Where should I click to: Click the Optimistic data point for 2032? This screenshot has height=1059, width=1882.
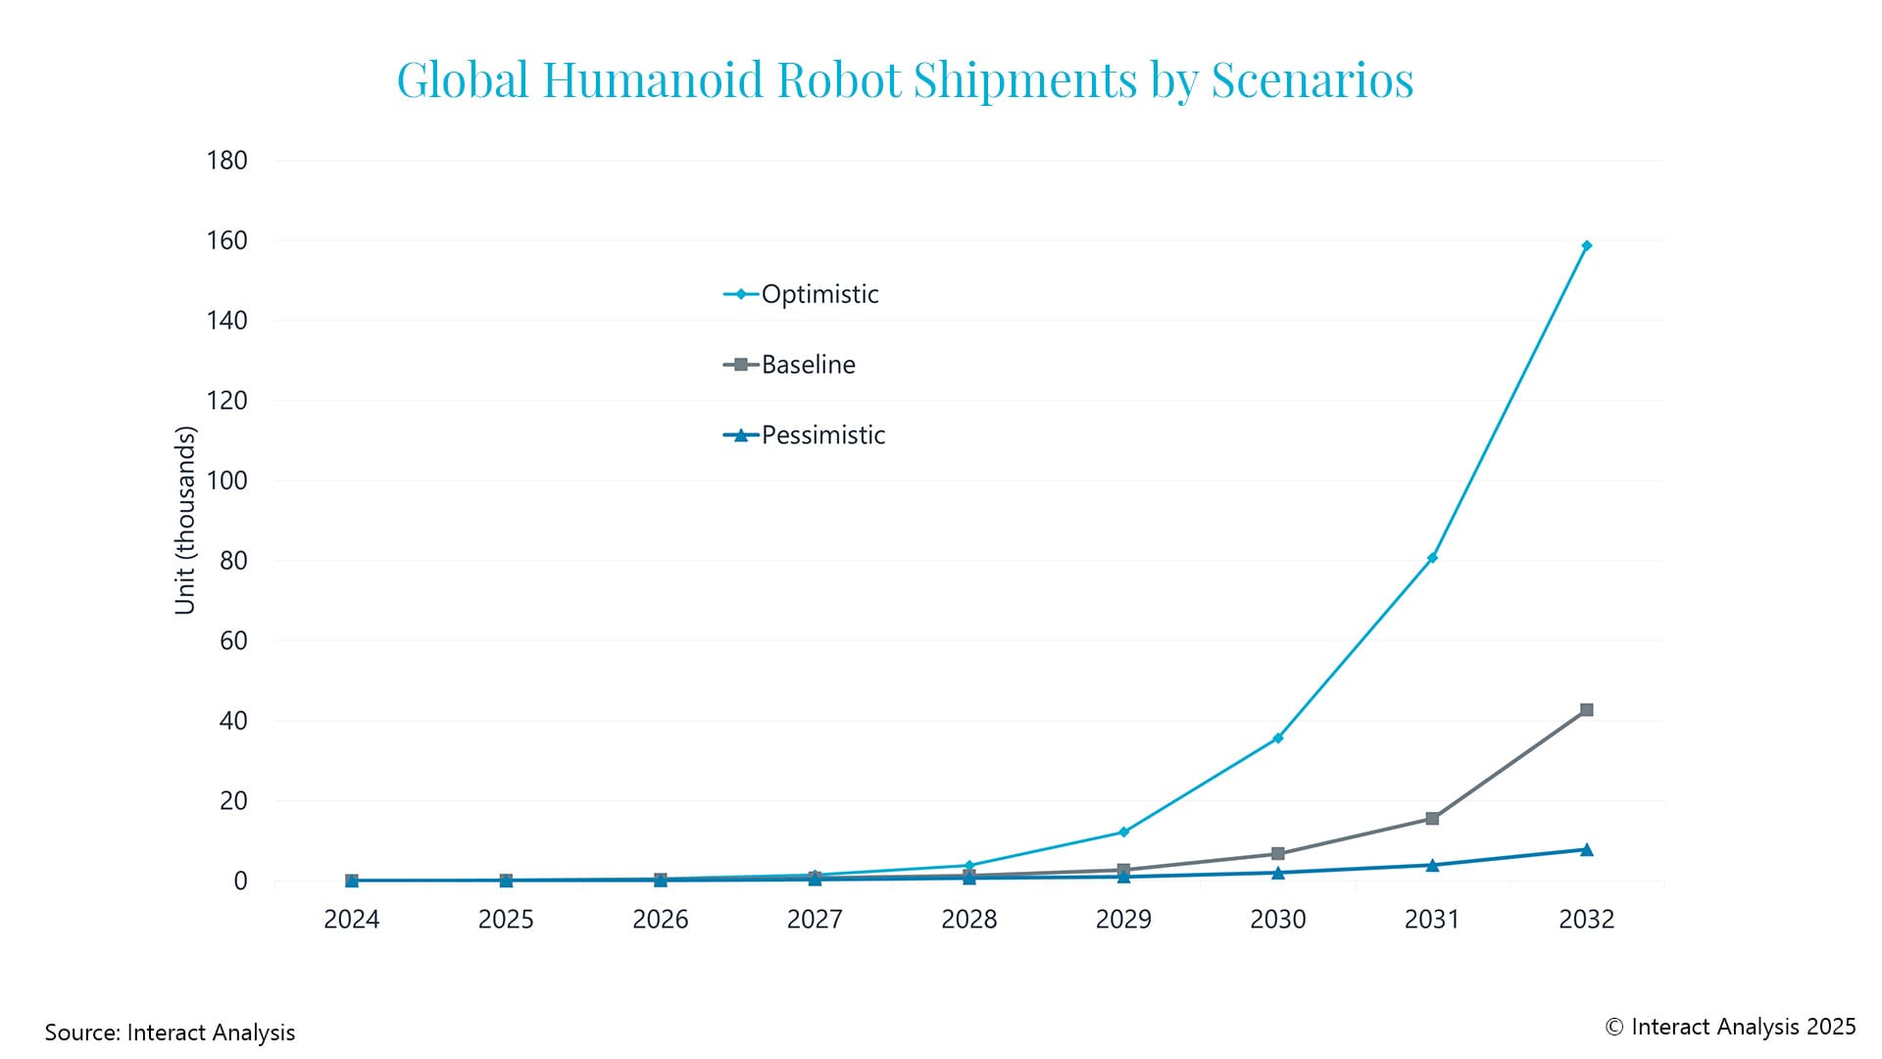[1586, 246]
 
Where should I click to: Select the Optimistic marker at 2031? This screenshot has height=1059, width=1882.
[1432, 558]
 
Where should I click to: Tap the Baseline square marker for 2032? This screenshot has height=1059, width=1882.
[1586, 710]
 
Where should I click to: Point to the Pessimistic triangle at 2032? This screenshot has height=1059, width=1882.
[1586, 849]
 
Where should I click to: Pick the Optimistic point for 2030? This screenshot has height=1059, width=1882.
[1277, 738]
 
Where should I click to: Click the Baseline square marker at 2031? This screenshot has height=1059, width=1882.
[1432, 818]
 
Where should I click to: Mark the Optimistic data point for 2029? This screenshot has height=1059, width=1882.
[1123, 832]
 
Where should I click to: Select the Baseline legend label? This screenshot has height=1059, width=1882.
[808, 365]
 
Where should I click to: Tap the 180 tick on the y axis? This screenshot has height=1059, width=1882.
[226, 161]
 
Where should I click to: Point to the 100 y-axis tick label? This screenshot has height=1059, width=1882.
[226, 480]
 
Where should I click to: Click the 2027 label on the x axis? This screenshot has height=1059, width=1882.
[815, 920]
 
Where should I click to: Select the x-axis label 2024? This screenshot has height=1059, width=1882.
[351, 920]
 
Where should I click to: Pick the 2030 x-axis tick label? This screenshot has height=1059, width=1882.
[1277, 920]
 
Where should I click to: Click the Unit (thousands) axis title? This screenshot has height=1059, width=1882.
[185, 520]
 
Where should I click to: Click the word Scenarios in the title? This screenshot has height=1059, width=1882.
[1312, 79]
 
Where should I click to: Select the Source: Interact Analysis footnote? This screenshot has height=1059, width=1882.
[170, 1033]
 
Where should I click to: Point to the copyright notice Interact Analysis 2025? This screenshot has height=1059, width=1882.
[1730, 1027]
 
